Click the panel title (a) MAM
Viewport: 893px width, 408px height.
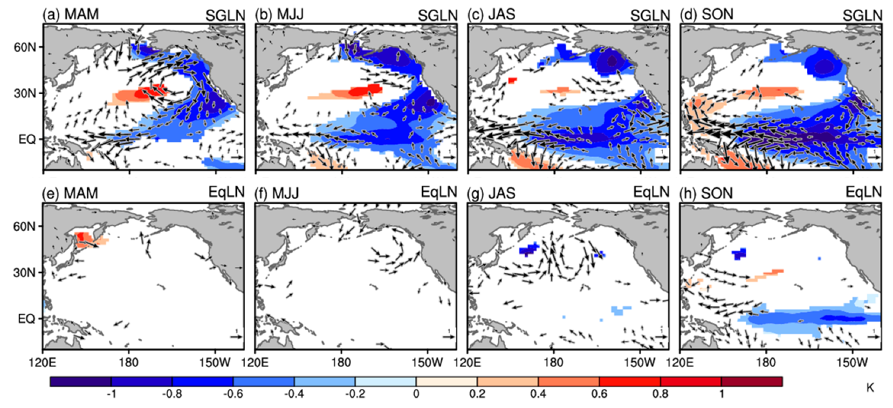[71, 14]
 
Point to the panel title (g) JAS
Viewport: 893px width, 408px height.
[491, 193]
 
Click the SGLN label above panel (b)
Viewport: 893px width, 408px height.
[437, 16]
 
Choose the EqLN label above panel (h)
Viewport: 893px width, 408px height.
[863, 192]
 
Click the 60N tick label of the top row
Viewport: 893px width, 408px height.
[25, 47]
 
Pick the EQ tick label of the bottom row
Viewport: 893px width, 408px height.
[27, 319]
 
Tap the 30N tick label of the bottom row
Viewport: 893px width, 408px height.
[25, 273]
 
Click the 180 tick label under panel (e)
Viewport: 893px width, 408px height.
[129, 362]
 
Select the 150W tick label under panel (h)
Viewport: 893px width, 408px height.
[852, 362]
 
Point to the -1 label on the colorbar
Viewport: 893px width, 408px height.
[111, 394]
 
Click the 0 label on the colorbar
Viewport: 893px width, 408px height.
[416, 394]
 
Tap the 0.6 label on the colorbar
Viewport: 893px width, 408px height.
[599, 394]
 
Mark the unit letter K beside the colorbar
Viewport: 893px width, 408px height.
[870, 387]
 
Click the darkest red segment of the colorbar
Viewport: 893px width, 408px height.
[751, 382]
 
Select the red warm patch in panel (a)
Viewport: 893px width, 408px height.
[145, 93]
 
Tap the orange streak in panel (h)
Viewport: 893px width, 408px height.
[765, 276]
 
